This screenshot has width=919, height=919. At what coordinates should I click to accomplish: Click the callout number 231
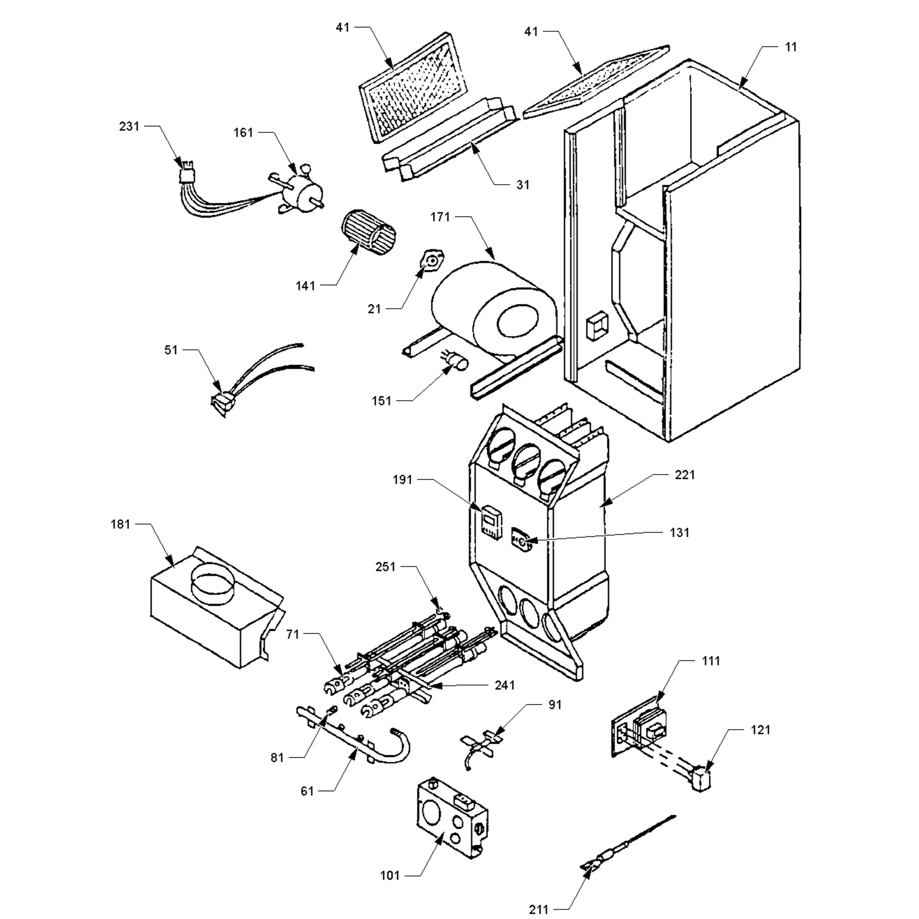[129, 127]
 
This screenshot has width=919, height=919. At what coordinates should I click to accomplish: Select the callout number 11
[791, 47]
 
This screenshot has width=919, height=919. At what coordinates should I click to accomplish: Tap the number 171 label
[440, 217]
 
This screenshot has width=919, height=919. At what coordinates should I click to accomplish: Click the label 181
[120, 524]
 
